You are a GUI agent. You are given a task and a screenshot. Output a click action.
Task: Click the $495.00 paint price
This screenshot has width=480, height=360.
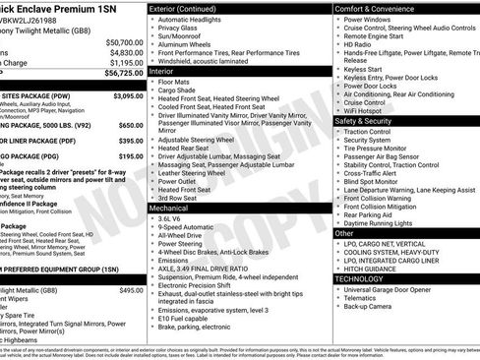130,290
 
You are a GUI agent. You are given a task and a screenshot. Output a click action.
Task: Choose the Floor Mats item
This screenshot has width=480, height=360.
177,84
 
